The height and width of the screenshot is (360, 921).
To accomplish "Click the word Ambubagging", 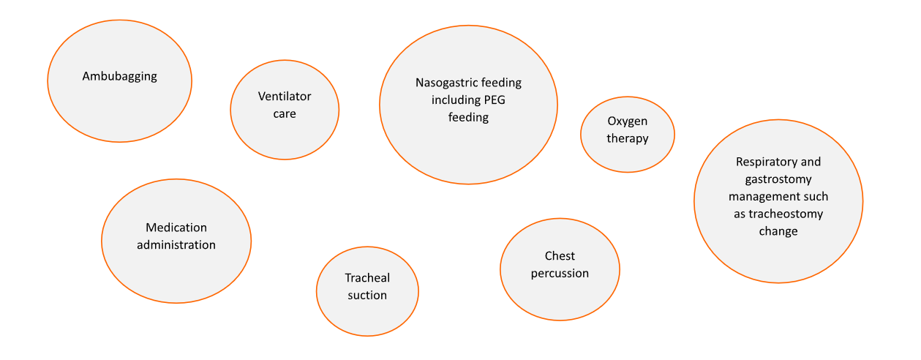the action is click(x=120, y=77).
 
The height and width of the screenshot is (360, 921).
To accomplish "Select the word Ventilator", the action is click(x=285, y=97).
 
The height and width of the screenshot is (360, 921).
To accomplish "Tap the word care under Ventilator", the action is click(x=285, y=114).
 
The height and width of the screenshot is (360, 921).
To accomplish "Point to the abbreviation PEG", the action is click(x=495, y=100).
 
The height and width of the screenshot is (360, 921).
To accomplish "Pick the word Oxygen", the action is click(x=628, y=121).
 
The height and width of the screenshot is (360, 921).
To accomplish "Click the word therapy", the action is click(x=628, y=138).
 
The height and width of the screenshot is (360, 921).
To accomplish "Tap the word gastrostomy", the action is click(x=778, y=180).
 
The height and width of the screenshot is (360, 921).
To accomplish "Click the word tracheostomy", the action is click(x=786, y=214).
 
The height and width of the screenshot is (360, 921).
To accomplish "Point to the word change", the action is click(x=778, y=232).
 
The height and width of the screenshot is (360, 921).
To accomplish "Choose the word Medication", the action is click(x=176, y=228).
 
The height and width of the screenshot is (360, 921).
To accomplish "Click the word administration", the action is click(x=176, y=245).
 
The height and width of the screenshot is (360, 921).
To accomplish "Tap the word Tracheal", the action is click(x=367, y=278).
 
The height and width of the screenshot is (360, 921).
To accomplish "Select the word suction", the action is click(x=367, y=296).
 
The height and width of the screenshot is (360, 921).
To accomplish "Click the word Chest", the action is click(x=560, y=256).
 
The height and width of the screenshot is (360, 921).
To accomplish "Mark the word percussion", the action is click(x=560, y=274).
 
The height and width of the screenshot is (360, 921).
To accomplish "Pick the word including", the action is click(x=456, y=100).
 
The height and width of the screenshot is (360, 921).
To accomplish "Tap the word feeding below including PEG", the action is click(x=468, y=118).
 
